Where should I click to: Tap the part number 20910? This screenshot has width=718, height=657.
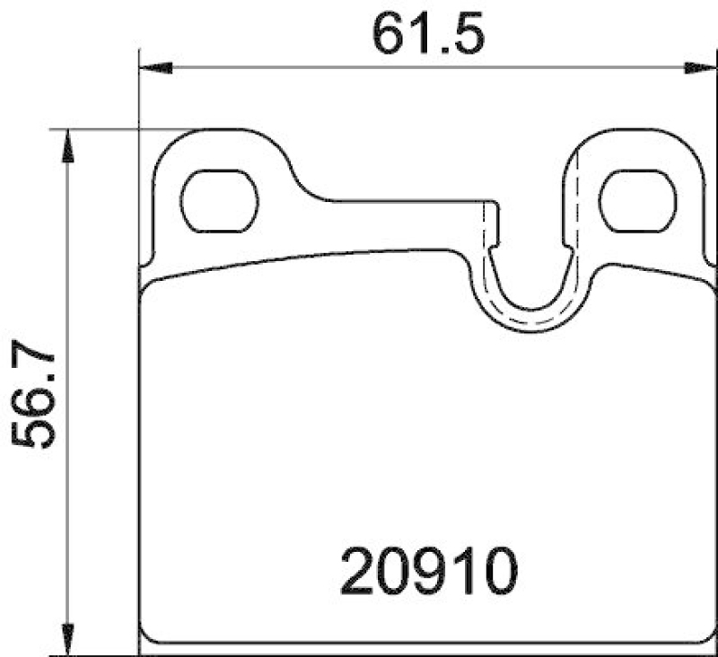point(430,572)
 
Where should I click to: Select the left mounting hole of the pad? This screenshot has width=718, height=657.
point(219,200)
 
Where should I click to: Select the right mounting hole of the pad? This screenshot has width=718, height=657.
point(636,200)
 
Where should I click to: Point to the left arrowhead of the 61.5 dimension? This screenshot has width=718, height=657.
point(155,68)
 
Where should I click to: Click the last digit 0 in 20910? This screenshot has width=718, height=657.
point(500,572)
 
